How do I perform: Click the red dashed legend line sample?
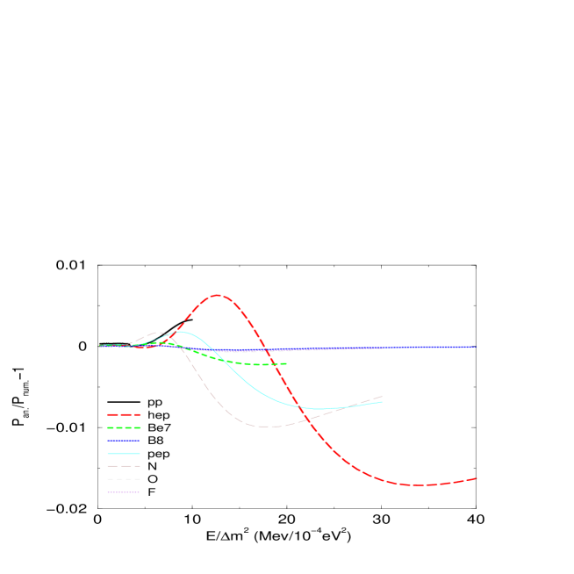124,414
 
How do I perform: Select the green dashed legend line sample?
124,427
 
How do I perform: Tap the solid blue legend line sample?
124,441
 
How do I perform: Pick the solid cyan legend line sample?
124,453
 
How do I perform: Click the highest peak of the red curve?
218,295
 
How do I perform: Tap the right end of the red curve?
476,478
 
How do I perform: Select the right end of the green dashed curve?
287,363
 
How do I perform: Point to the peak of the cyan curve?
182,332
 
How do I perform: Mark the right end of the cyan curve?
382,402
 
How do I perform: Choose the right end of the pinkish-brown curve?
382,397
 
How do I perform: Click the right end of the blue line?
475,347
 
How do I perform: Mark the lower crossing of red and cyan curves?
300,405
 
